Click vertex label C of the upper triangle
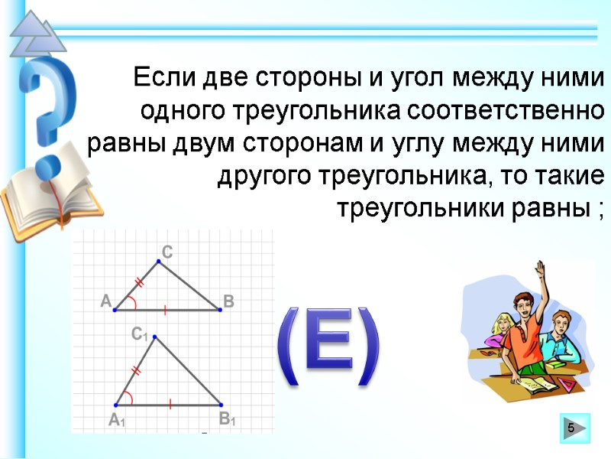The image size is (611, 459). (x=167, y=251)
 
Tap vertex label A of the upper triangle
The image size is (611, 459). (x=105, y=302)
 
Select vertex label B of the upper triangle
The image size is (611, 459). (x=228, y=301)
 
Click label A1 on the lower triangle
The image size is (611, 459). (x=116, y=419)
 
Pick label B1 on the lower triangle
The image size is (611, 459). (x=227, y=418)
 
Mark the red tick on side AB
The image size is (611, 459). (x=166, y=310)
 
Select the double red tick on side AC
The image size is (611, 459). (x=139, y=283)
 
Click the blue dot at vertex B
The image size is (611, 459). (x=221, y=310)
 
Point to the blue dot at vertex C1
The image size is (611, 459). (x=155, y=337)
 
